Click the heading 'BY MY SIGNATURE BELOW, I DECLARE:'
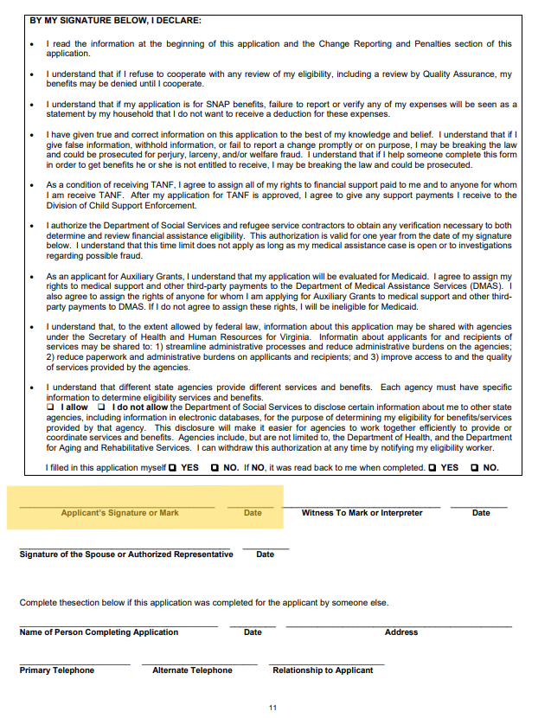[115, 20]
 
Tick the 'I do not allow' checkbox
[101, 407]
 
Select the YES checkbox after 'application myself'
[173, 468]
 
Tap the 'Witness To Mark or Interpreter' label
[362, 513]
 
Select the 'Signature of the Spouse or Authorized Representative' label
[126, 555]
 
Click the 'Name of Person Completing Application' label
[99, 632]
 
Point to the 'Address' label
[400, 632]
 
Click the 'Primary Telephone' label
[57, 670]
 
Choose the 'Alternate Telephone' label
[192, 670]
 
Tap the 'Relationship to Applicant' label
[323, 670]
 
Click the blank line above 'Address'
[399, 625]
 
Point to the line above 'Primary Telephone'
[74, 664]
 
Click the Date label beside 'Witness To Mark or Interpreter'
[481, 513]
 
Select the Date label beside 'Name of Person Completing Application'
[253, 632]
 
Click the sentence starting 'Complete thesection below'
[204, 602]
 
